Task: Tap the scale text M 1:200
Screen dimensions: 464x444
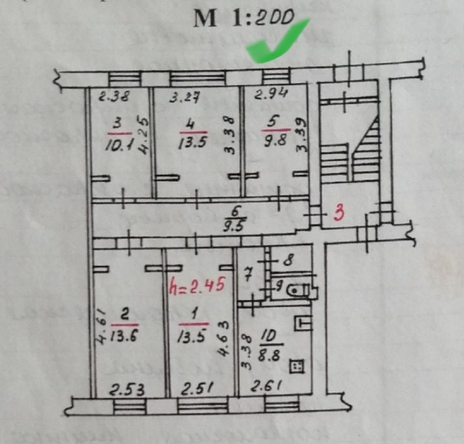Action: pyautogui.click(x=244, y=20)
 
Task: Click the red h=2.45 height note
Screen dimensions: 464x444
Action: pyautogui.click(x=197, y=286)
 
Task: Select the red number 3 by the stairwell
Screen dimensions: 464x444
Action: pyautogui.click(x=340, y=212)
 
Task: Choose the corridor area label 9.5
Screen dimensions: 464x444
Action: pyautogui.click(x=235, y=223)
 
